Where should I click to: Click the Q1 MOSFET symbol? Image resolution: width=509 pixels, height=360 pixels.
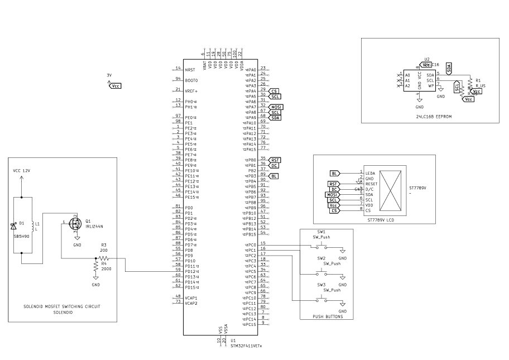(75, 223)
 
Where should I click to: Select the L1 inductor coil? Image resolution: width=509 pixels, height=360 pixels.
(33, 225)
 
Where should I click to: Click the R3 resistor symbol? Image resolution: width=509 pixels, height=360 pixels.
(104, 258)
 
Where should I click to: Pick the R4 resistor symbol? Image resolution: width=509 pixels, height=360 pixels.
(96, 268)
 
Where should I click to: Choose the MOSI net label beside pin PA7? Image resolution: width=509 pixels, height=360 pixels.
(276, 107)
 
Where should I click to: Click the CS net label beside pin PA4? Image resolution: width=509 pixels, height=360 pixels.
(273, 91)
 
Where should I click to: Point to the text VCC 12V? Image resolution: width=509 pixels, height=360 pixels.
(22, 170)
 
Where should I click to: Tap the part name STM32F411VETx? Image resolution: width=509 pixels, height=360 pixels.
(246, 345)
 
